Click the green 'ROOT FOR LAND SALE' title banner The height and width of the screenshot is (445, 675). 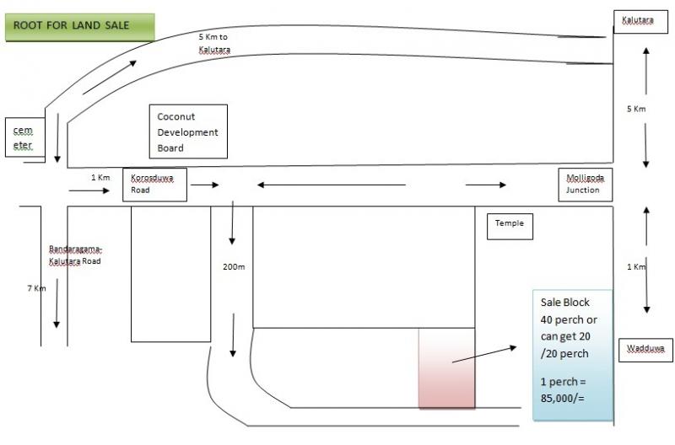pyautogui.click(x=80, y=27)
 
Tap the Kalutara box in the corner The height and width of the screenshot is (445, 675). pyautogui.click(x=640, y=22)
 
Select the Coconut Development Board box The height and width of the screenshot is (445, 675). pyautogui.click(x=188, y=131)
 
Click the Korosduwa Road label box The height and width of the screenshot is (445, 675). pyautogui.click(x=154, y=185)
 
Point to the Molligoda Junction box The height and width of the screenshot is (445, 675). pyautogui.click(x=586, y=185)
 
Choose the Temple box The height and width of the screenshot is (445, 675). pyautogui.click(x=510, y=227)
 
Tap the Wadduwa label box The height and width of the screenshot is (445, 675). pyautogui.click(x=645, y=350)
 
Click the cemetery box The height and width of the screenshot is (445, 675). pyautogui.click(x=25, y=137)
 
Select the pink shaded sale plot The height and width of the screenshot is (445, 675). pyautogui.click(x=447, y=368)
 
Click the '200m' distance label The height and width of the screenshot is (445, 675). pyautogui.click(x=234, y=267)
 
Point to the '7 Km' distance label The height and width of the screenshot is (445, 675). pyautogui.click(x=36, y=288)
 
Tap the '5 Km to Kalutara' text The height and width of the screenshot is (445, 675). pyautogui.click(x=214, y=44)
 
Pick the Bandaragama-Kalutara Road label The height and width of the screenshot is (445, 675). pyautogui.click(x=75, y=255)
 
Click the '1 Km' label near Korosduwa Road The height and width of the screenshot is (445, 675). pyautogui.click(x=100, y=177)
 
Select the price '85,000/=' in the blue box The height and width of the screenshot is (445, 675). pyautogui.click(x=563, y=398)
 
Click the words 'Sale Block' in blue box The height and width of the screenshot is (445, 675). pyautogui.click(x=564, y=303)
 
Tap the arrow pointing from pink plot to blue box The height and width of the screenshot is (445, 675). pyautogui.click(x=483, y=354)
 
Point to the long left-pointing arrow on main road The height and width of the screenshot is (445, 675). pyautogui.click(x=332, y=185)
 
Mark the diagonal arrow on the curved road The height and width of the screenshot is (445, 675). pyautogui.click(x=110, y=77)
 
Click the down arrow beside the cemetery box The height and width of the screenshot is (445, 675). pyautogui.click(x=57, y=138)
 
